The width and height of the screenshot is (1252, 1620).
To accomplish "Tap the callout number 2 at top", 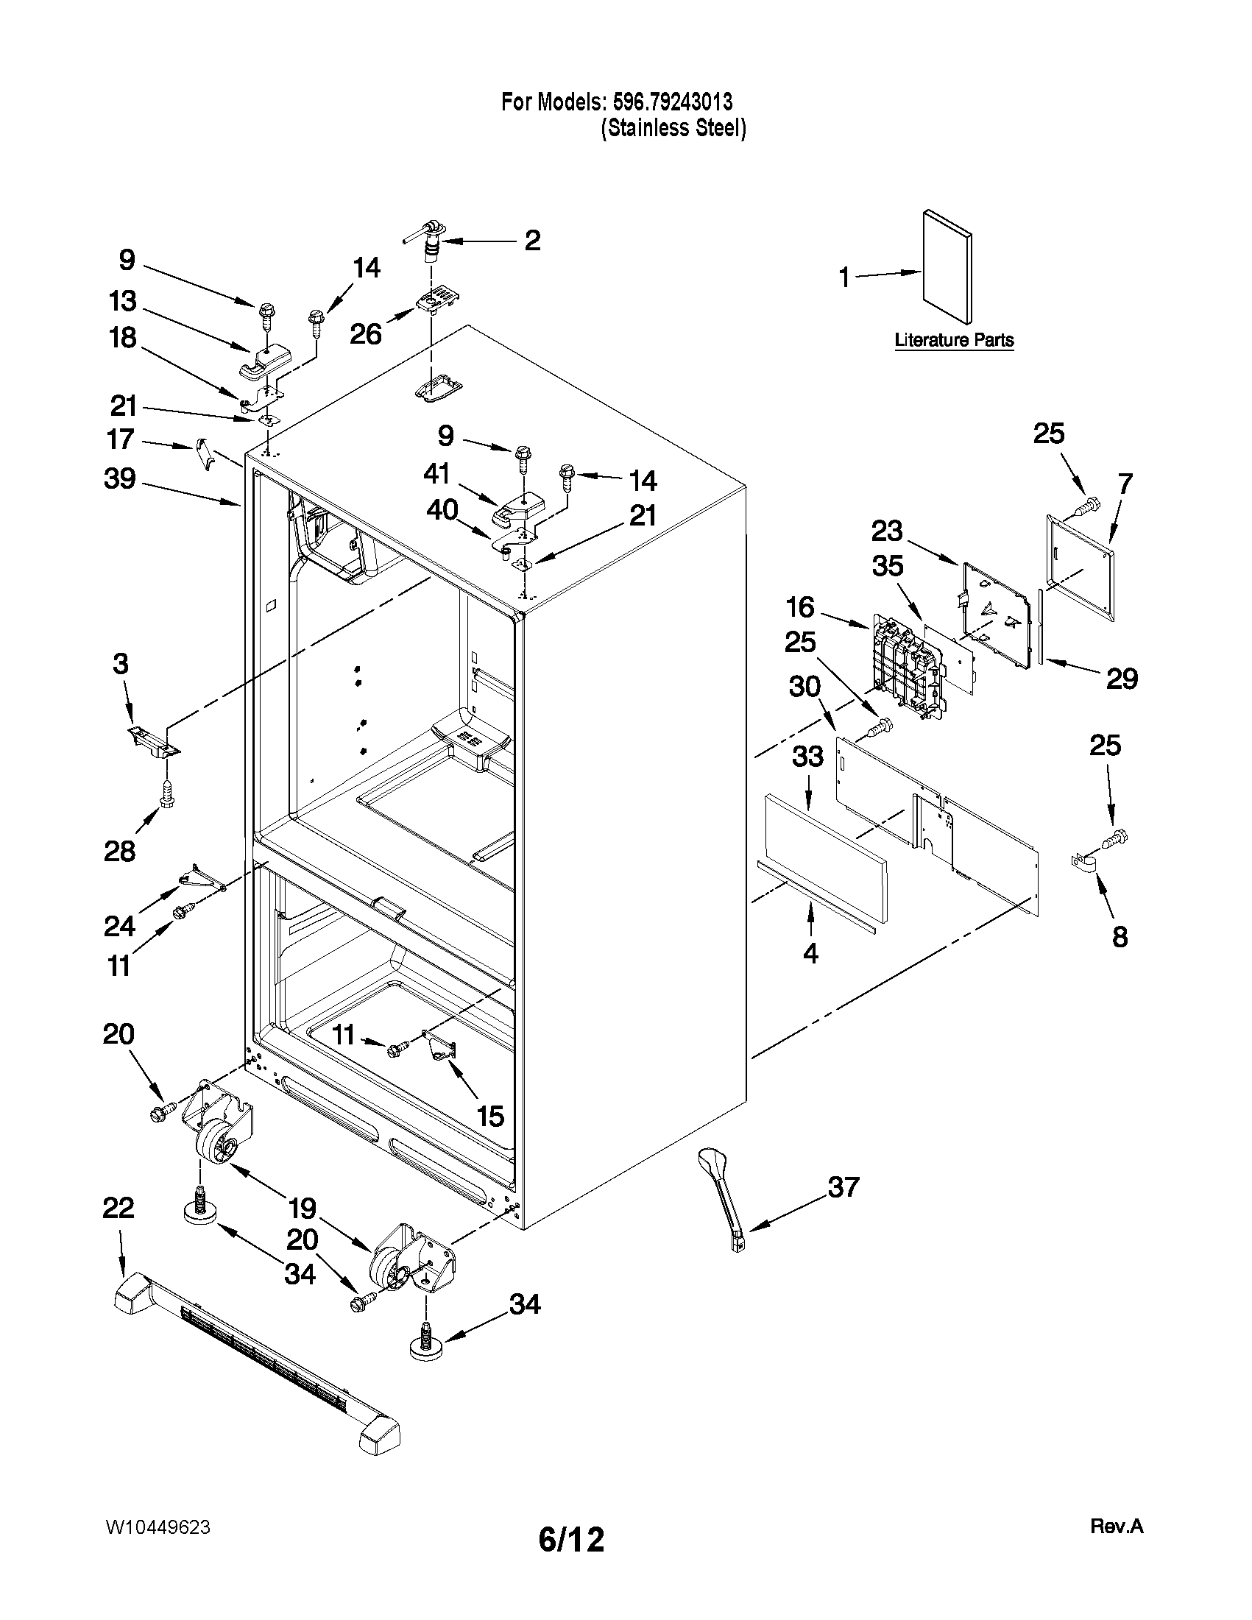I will point(532,241).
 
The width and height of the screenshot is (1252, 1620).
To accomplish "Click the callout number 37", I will point(843,1186).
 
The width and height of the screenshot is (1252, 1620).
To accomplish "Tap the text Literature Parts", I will point(954,341).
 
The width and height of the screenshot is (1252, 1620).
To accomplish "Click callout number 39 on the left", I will point(119,478).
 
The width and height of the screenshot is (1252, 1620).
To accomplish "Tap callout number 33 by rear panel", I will point(807,756).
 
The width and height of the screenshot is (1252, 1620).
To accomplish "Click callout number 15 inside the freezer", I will point(491,1116).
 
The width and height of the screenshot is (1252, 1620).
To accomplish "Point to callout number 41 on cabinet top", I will point(437,473).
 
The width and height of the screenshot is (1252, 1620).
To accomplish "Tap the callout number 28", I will point(119,851).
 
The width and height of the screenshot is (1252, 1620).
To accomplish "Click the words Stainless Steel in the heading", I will point(673,128).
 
